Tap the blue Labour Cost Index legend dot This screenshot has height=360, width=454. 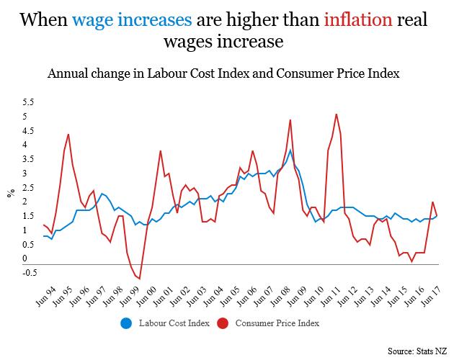125,323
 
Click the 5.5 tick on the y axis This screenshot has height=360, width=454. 26,102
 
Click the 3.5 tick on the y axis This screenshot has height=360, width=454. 26,158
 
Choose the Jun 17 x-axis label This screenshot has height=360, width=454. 431,297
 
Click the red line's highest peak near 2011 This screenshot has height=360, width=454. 337,114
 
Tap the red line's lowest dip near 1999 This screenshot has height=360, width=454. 140,279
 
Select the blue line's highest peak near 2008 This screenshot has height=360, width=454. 290,150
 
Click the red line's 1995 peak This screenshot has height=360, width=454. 68,134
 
